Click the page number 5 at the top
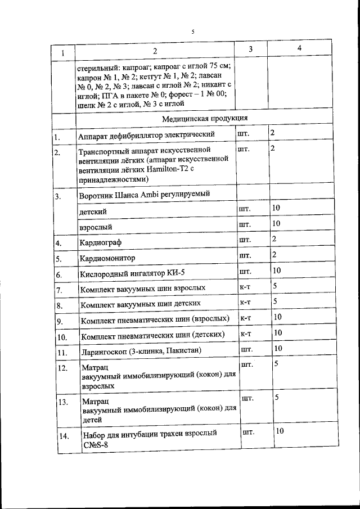(x=192, y=31)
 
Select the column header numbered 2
(x=155, y=52)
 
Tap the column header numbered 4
(x=299, y=49)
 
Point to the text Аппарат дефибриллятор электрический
(x=148, y=135)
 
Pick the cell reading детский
(x=93, y=211)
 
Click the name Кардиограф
(x=102, y=243)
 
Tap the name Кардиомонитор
(x=107, y=259)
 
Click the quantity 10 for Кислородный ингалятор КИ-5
(x=277, y=271)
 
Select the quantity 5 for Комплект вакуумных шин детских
(x=275, y=301)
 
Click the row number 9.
(x=59, y=321)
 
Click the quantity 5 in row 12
(x=276, y=364)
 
